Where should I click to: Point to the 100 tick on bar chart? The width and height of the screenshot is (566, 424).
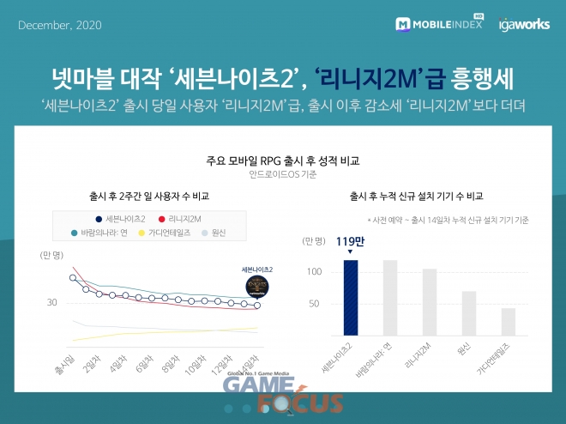[x=314, y=272]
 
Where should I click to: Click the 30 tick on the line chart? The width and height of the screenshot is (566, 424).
[x=51, y=302]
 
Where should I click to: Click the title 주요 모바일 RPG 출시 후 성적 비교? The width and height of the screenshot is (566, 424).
[x=282, y=161]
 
